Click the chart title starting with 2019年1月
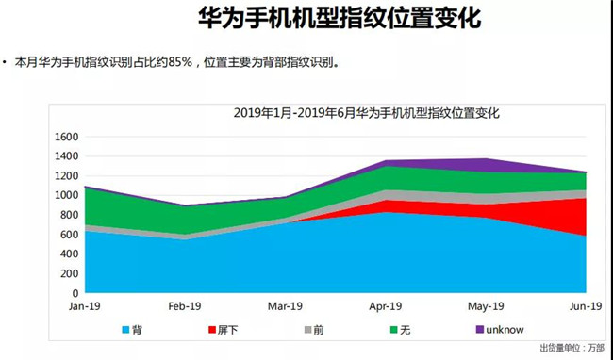tap(366, 113)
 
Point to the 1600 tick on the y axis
tap(65, 137)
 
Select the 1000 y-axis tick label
tap(65, 195)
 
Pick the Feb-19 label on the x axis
tap(185, 306)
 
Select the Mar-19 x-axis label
tap(285, 306)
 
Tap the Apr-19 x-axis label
tap(385, 306)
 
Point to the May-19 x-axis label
tap(486, 306)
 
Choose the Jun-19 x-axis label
tap(585, 306)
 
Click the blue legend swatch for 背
tap(126, 331)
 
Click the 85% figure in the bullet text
tap(182, 63)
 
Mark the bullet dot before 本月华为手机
tap(8, 63)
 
